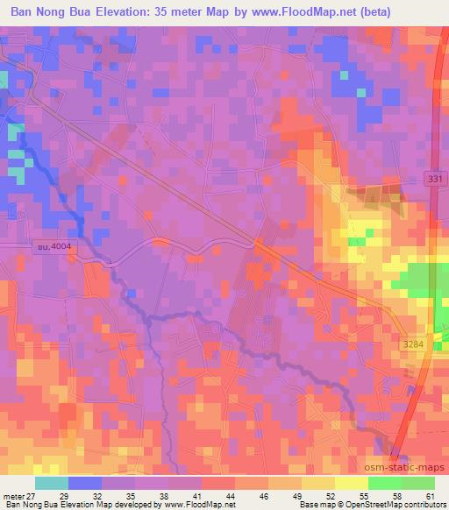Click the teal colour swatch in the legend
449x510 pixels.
tap(51, 483)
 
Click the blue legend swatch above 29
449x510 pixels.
tap(84, 483)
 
